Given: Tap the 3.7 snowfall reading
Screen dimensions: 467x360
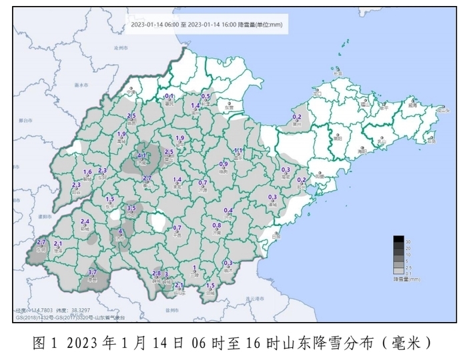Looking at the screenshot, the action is pyautogui.click(x=92, y=272).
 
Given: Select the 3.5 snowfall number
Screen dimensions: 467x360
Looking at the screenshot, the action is pyautogui.click(x=131, y=208).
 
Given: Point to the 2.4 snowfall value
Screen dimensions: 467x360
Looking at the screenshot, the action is pyautogui.click(x=85, y=221).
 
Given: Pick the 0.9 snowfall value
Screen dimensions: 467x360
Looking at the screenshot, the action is pyautogui.click(x=223, y=164).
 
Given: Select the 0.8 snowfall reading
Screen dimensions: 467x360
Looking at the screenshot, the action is pyautogui.click(x=216, y=225).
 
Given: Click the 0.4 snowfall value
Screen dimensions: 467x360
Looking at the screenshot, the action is pyautogui.click(x=228, y=210).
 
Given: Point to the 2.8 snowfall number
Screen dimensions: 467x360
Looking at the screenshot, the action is pyautogui.click(x=157, y=273).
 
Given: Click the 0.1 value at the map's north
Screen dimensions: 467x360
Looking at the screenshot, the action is pyautogui.click(x=169, y=97).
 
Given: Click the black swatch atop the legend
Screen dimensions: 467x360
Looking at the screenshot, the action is pyautogui.click(x=398, y=239).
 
